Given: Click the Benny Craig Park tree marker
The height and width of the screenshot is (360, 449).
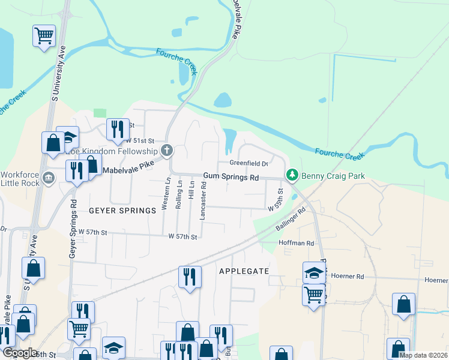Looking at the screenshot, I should tap(292, 175).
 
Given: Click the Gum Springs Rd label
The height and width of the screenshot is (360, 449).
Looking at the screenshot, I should tap(231, 178).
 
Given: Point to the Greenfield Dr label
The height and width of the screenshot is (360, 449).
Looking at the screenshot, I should tap(248, 163).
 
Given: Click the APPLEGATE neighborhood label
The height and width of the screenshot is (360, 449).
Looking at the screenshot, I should tap(244, 271).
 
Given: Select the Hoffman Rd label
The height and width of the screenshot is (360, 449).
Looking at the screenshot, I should tap(297, 243).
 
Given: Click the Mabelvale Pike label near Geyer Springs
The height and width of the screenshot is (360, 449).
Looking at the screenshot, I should tap(129, 170).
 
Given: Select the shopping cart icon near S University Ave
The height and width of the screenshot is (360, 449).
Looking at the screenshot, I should tap(44, 37).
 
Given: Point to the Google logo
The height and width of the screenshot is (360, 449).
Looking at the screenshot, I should tap(20, 353).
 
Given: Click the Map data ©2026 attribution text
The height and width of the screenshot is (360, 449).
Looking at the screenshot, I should tap(423, 355).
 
